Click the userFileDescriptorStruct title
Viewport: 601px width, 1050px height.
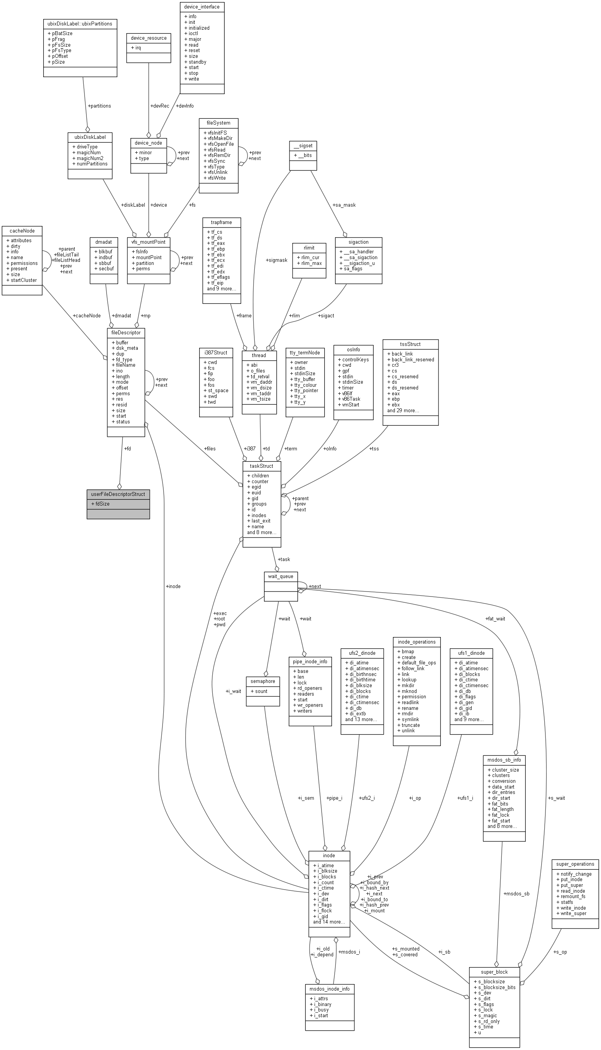point(118,494)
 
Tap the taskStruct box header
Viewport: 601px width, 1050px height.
point(261,466)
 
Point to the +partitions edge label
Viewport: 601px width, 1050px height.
point(99,106)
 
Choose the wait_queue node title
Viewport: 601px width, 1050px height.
point(280,576)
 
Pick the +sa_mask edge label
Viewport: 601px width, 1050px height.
point(344,205)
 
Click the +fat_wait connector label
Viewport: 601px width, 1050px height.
point(495,619)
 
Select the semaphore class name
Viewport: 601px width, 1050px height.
point(262,681)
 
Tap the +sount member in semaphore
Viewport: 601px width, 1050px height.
point(259,691)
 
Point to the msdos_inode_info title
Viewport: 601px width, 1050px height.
point(329,989)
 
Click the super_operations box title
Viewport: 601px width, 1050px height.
point(575,864)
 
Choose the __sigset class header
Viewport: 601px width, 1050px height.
point(303,145)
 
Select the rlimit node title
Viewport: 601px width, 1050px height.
point(309,248)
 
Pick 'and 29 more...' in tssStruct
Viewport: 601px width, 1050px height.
point(403,411)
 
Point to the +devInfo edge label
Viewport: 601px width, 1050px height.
point(185,106)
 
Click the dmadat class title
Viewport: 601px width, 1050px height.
point(103,242)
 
